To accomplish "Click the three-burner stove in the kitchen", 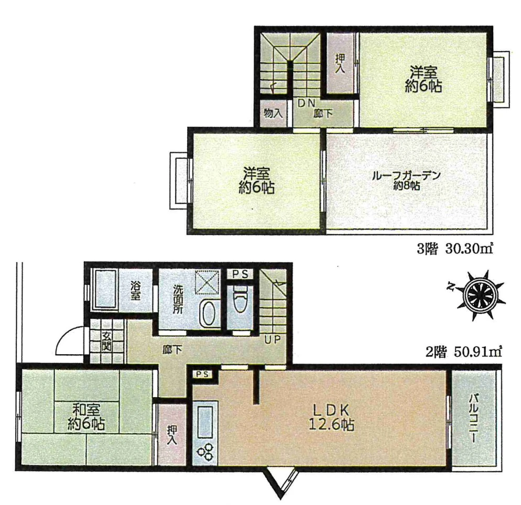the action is [x=205, y=452].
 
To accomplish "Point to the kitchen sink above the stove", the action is [x=205, y=422].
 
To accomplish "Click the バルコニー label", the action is [x=474, y=418].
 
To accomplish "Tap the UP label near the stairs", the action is [x=273, y=339].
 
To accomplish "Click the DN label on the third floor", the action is [x=306, y=103].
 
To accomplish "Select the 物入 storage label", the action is [x=273, y=114].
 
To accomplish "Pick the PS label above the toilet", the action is [x=240, y=275].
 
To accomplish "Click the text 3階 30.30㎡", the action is [x=454, y=249].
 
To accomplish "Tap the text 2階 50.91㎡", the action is [x=463, y=352].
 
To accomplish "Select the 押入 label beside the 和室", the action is [x=171, y=435].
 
